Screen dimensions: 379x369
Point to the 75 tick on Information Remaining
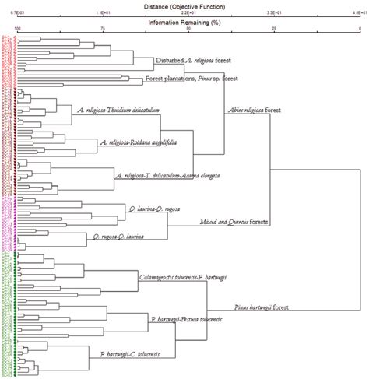(104, 29)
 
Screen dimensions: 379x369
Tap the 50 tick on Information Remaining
(188, 29)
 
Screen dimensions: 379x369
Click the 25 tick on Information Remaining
(274, 29)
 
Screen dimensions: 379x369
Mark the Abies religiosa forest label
(252, 110)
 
